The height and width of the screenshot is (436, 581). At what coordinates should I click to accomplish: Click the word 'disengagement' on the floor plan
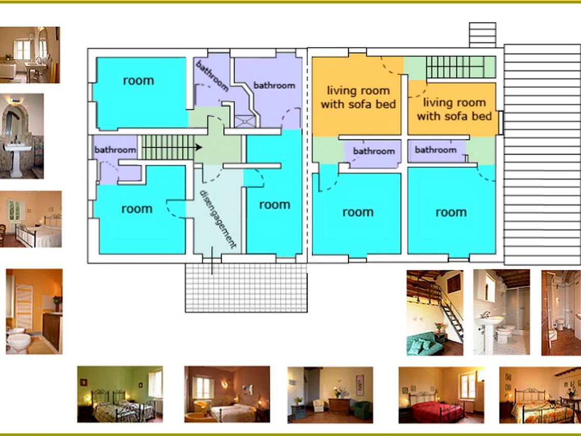218,219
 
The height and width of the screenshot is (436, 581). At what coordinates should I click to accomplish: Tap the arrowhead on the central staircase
199,148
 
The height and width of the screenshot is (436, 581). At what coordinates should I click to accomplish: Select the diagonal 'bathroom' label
212,76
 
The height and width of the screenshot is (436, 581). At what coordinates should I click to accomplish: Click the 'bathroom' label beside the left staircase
115,150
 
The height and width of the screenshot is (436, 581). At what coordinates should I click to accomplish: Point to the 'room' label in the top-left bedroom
138,80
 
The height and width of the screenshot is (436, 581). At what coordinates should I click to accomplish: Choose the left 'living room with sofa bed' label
358,98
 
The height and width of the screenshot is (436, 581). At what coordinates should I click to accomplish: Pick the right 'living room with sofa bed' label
454,109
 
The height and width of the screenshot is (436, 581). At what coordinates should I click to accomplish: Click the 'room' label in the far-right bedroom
451,212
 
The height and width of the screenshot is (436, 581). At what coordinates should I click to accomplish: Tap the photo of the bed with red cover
441,395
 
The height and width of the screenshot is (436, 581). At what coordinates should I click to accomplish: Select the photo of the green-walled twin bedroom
120,394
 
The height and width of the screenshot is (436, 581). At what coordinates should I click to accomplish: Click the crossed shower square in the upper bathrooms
246,121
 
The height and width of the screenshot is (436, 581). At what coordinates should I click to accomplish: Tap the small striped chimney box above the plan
482,35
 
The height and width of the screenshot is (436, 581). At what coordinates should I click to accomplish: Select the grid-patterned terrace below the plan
246,288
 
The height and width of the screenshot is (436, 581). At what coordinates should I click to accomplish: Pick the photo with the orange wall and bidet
34,311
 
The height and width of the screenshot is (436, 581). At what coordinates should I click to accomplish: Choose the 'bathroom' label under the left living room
374,151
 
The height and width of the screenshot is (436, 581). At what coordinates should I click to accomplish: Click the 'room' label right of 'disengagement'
274,204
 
